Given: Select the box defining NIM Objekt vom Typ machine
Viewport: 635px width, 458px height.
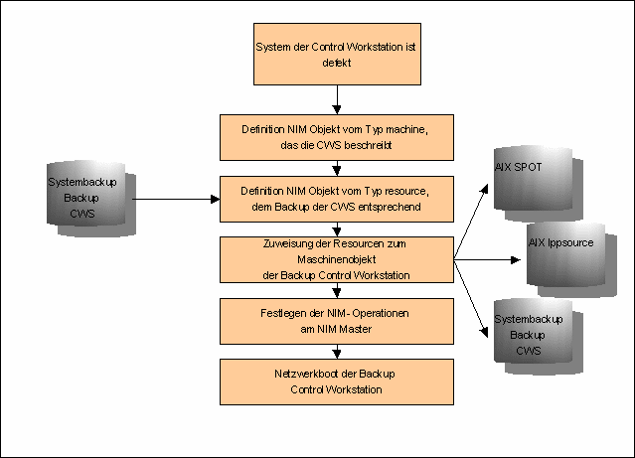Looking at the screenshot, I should (x=337, y=137).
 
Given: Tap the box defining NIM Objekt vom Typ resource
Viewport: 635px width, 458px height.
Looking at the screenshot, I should (x=337, y=199).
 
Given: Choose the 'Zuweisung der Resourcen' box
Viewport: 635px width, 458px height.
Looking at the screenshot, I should (x=337, y=260).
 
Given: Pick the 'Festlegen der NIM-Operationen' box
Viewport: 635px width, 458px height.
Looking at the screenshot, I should (x=337, y=320).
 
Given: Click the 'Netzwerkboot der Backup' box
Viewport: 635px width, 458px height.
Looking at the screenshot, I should (x=337, y=382).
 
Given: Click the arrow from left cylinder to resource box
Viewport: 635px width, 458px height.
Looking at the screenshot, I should (x=174, y=199).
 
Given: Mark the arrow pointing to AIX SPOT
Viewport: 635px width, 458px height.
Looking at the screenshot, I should (x=473, y=222).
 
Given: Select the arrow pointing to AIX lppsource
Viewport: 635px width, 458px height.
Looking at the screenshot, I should (x=487, y=260).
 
